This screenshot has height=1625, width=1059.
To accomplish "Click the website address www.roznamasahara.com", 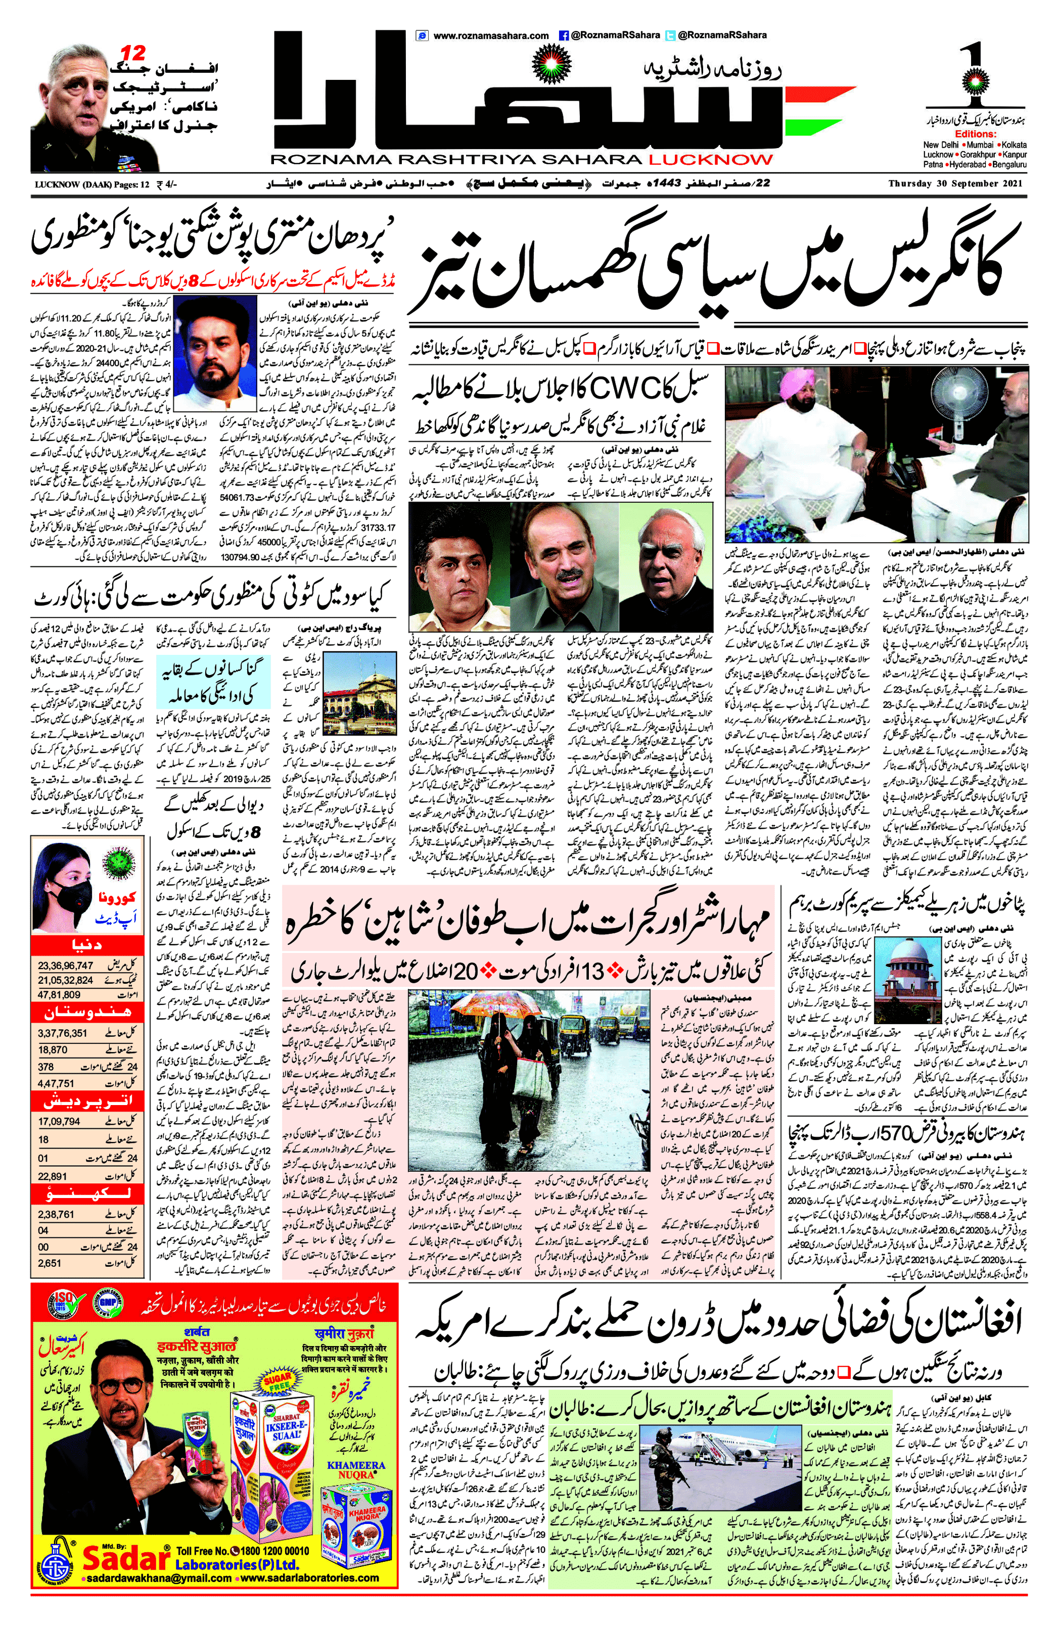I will click(490, 35).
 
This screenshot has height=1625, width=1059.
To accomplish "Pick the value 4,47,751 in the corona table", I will click(56, 1083).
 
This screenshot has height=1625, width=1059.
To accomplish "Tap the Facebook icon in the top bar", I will click(564, 35).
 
